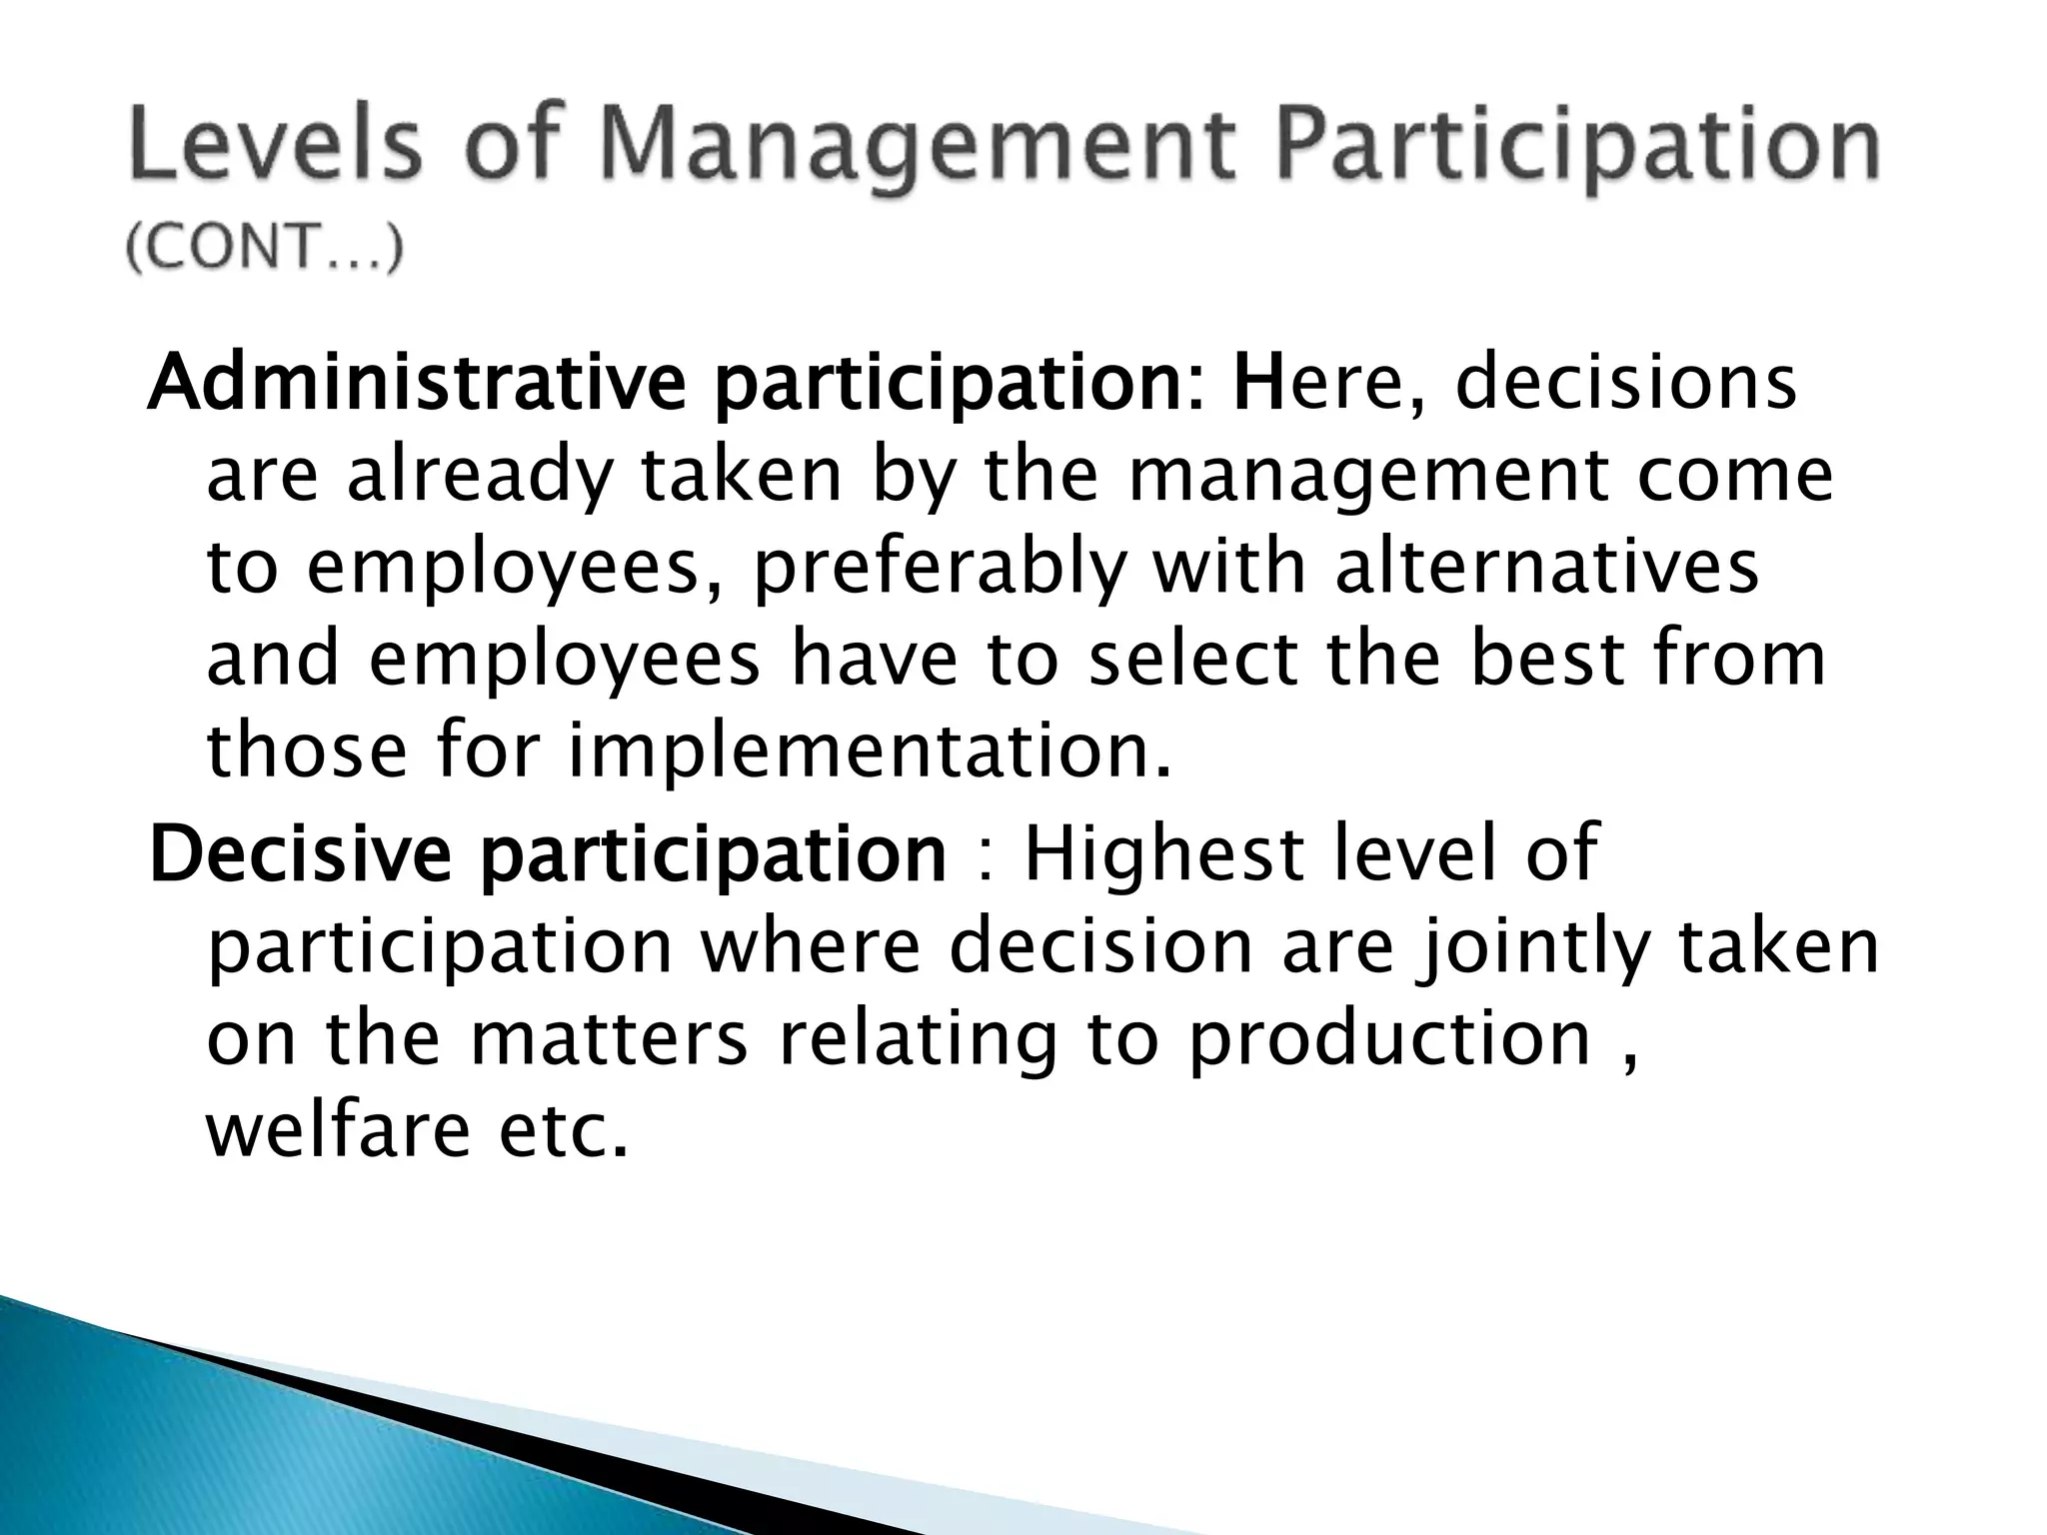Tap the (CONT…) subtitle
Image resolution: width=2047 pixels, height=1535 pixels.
[x=266, y=248]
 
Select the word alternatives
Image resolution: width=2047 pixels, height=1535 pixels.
[x=1546, y=568]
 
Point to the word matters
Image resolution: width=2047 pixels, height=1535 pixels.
[x=608, y=1038]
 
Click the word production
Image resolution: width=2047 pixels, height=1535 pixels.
[x=1389, y=1040]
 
